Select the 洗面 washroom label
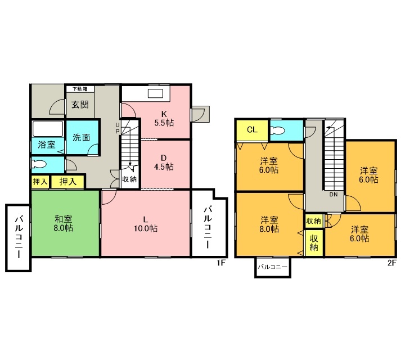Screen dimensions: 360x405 (x=81, y=138)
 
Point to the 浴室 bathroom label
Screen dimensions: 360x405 (x=46, y=145)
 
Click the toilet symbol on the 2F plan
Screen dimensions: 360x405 (x=278, y=130)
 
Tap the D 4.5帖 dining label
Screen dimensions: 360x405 (x=164, y=161)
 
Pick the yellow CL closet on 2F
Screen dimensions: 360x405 (x=251, y=130)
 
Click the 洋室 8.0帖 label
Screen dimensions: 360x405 (x=269, y=223)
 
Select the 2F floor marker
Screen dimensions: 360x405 (x=390, y=263)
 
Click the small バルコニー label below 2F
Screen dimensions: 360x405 (x=272, y=267)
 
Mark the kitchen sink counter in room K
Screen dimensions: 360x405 (x=156, y=93)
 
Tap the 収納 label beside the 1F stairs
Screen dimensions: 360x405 (x=129, y=179)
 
